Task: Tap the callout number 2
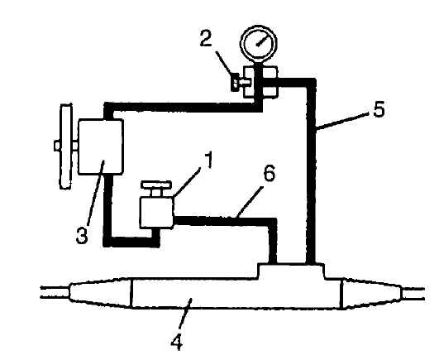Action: [x=206, y=38]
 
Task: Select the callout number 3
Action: [x=82, y=235]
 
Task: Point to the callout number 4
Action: [x=177, y=342]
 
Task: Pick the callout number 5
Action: [x=379, y=109]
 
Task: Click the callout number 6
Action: [x=270, y=174]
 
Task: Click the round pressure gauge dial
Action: [x=259, y=43]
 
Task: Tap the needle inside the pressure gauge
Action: [x=261, y=42]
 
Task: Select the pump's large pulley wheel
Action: [x=65, y=146]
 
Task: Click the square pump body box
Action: [x=101, y=146]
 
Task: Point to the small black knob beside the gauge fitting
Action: [x=235, y=83]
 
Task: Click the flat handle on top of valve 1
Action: [x=156, y=185]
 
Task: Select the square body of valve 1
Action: [x=156, y=212]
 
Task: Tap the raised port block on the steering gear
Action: [x=291, y=271]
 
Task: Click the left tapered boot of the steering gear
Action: [x=100, y=292]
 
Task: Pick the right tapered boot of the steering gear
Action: [x=372, y=293]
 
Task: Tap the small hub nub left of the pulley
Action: [x=57, y=146]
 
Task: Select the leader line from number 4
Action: [x=185, y=315]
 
